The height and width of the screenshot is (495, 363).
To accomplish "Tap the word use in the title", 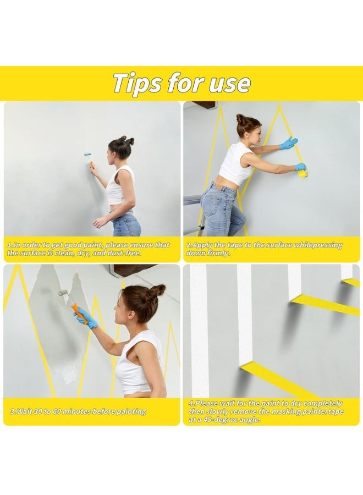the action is click(x=230, y=84).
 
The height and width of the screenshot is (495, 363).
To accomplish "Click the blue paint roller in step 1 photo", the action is click(x=87, y=154).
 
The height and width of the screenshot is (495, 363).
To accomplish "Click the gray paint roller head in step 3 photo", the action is click(x=63, y=293).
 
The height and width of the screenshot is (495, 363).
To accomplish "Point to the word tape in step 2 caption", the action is click(x=232, y=245).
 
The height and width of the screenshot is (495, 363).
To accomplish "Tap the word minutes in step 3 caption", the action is click(x=76, y=411).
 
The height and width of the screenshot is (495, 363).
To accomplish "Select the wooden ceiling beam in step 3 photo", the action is click(x=134, y=269).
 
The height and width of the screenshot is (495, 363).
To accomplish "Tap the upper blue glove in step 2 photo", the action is click(x=288, y=143).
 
